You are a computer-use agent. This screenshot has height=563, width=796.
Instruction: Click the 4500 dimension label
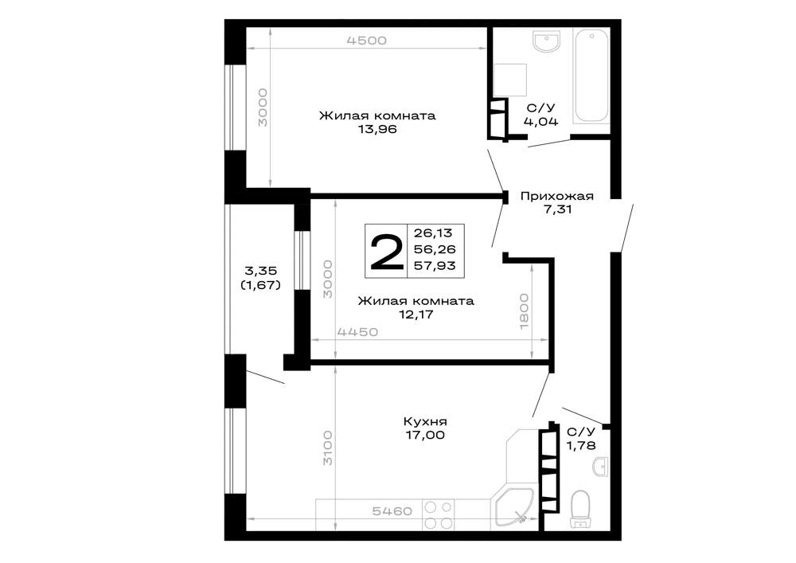(x=366, y=40)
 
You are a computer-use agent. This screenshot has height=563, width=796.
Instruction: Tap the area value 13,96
(x=377, y=129)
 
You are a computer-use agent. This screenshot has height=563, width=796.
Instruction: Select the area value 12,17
(x=416, y=315)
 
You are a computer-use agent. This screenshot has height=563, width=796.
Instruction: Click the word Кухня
(x=425, y=421)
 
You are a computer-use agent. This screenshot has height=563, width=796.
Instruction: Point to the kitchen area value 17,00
(x=425, y=435)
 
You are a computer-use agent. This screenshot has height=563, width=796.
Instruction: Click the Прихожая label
(x=557, y=196)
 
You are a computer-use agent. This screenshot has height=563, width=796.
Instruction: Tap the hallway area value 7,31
(x=557, y=209)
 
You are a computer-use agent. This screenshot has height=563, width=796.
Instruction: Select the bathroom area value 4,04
(x=541, y=121)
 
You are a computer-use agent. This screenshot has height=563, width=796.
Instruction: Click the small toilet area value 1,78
(x=581, y=445)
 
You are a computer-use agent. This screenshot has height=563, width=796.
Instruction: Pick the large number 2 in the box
(x=386, y=252)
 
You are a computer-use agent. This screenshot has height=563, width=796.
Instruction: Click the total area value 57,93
(x=435, y=265)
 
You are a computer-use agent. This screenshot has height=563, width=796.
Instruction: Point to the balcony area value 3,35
(x=261, y=271)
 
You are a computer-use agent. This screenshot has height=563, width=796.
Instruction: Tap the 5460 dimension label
(x=392, y=510)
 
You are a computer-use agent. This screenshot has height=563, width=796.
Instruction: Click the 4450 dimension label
(x=358, y=332)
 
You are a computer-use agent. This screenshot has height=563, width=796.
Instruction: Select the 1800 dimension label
(x=524, y=311)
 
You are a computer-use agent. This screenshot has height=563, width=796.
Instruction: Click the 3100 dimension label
(x=328, y=448)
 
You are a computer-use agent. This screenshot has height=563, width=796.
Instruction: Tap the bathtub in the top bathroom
(x=591, y=75)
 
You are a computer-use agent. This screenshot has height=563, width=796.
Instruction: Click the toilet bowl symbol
(x=579, y=509)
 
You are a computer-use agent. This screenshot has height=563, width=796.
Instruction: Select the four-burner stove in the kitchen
(x=439, y=514)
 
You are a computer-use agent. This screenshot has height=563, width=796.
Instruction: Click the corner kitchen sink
(x=513, y=509)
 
